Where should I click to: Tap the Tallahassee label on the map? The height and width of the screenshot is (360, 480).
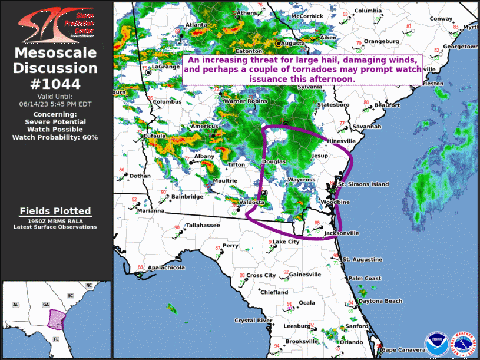pos(203,226)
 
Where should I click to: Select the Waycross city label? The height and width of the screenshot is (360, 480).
pos(302,180)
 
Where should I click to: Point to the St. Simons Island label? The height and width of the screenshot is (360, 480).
pos(363,184)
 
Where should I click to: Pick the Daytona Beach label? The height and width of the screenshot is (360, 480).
pos(380,301)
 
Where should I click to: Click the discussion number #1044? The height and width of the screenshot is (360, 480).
pos(56,84)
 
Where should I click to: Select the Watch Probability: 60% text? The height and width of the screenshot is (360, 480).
pos(55,137)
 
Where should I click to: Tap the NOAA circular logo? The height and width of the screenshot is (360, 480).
pos(436,344)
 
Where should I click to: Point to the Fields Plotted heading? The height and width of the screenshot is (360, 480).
pos(55,211)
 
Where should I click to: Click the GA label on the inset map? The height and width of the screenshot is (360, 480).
pos(45,304)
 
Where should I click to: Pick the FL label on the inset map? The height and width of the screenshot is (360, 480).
pos(57,339)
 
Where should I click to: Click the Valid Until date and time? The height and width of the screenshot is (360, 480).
pos(56,104)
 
